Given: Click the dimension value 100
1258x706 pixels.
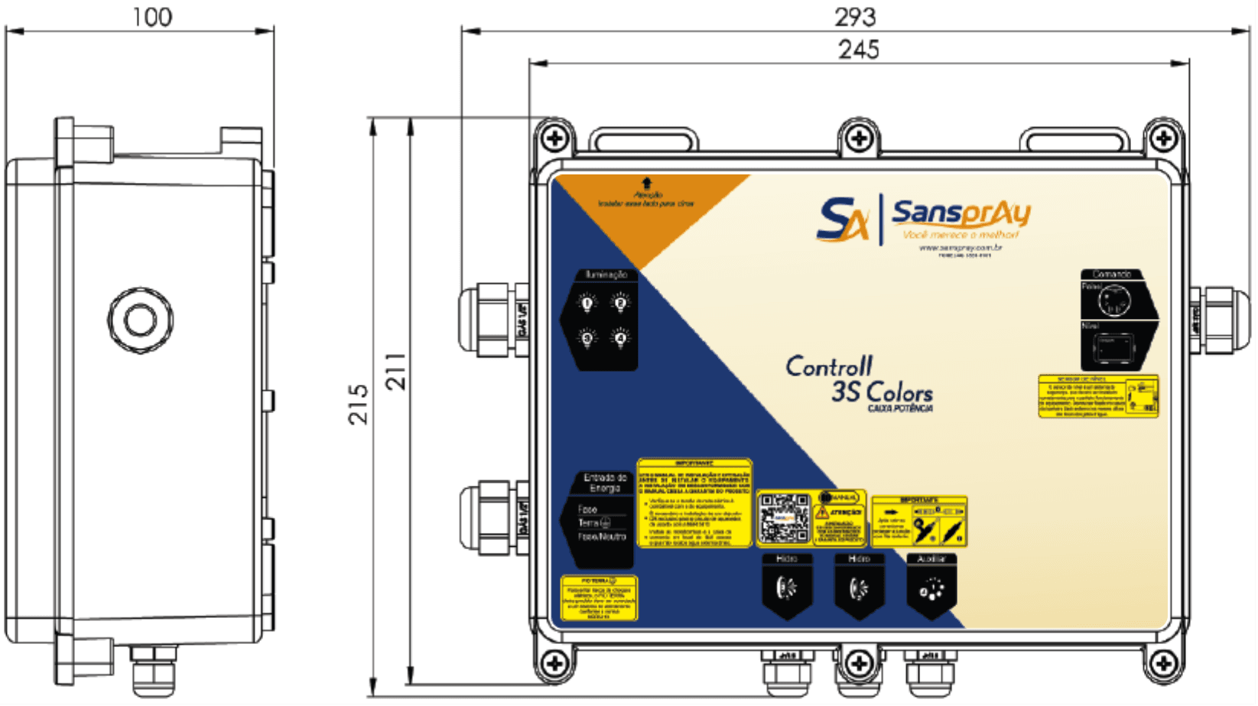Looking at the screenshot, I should point(152,17).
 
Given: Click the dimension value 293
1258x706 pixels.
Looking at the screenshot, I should point(855,16).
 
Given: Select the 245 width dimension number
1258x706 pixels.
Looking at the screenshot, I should point(858,50).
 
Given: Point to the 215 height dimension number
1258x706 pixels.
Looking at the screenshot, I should point(358,404).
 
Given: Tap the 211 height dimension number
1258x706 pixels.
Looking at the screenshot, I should point(395,372).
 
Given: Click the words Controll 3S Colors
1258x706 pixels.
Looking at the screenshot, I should point(859,379).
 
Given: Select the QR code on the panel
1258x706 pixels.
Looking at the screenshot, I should point(784,518).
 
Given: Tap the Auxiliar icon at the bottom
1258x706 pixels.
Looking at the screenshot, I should point(931,589).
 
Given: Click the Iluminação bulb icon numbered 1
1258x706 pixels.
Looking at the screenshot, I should point(587,304).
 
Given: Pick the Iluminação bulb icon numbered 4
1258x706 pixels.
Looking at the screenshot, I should point(620,337).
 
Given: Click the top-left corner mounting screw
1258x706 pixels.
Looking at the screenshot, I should point(554,138).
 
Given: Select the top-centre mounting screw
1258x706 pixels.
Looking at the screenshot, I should point(859,138).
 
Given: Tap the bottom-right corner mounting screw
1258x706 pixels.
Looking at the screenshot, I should point(1163,662).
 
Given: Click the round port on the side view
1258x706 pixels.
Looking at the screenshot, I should point(141,320).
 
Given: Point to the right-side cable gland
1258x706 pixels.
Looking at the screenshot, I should point(1217,320).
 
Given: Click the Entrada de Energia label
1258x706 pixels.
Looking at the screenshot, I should point(605,483).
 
